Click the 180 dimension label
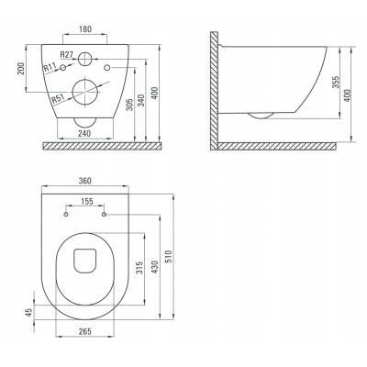[85, 29]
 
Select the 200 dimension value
[20, 69]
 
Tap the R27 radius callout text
[66, 55]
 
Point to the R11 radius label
[49, 68]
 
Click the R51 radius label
[57, 99]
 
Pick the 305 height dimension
[129, 105]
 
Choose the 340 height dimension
[141, 100]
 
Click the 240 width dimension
[84, 133]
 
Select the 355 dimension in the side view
[336, 83]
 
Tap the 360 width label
[84, 181]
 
